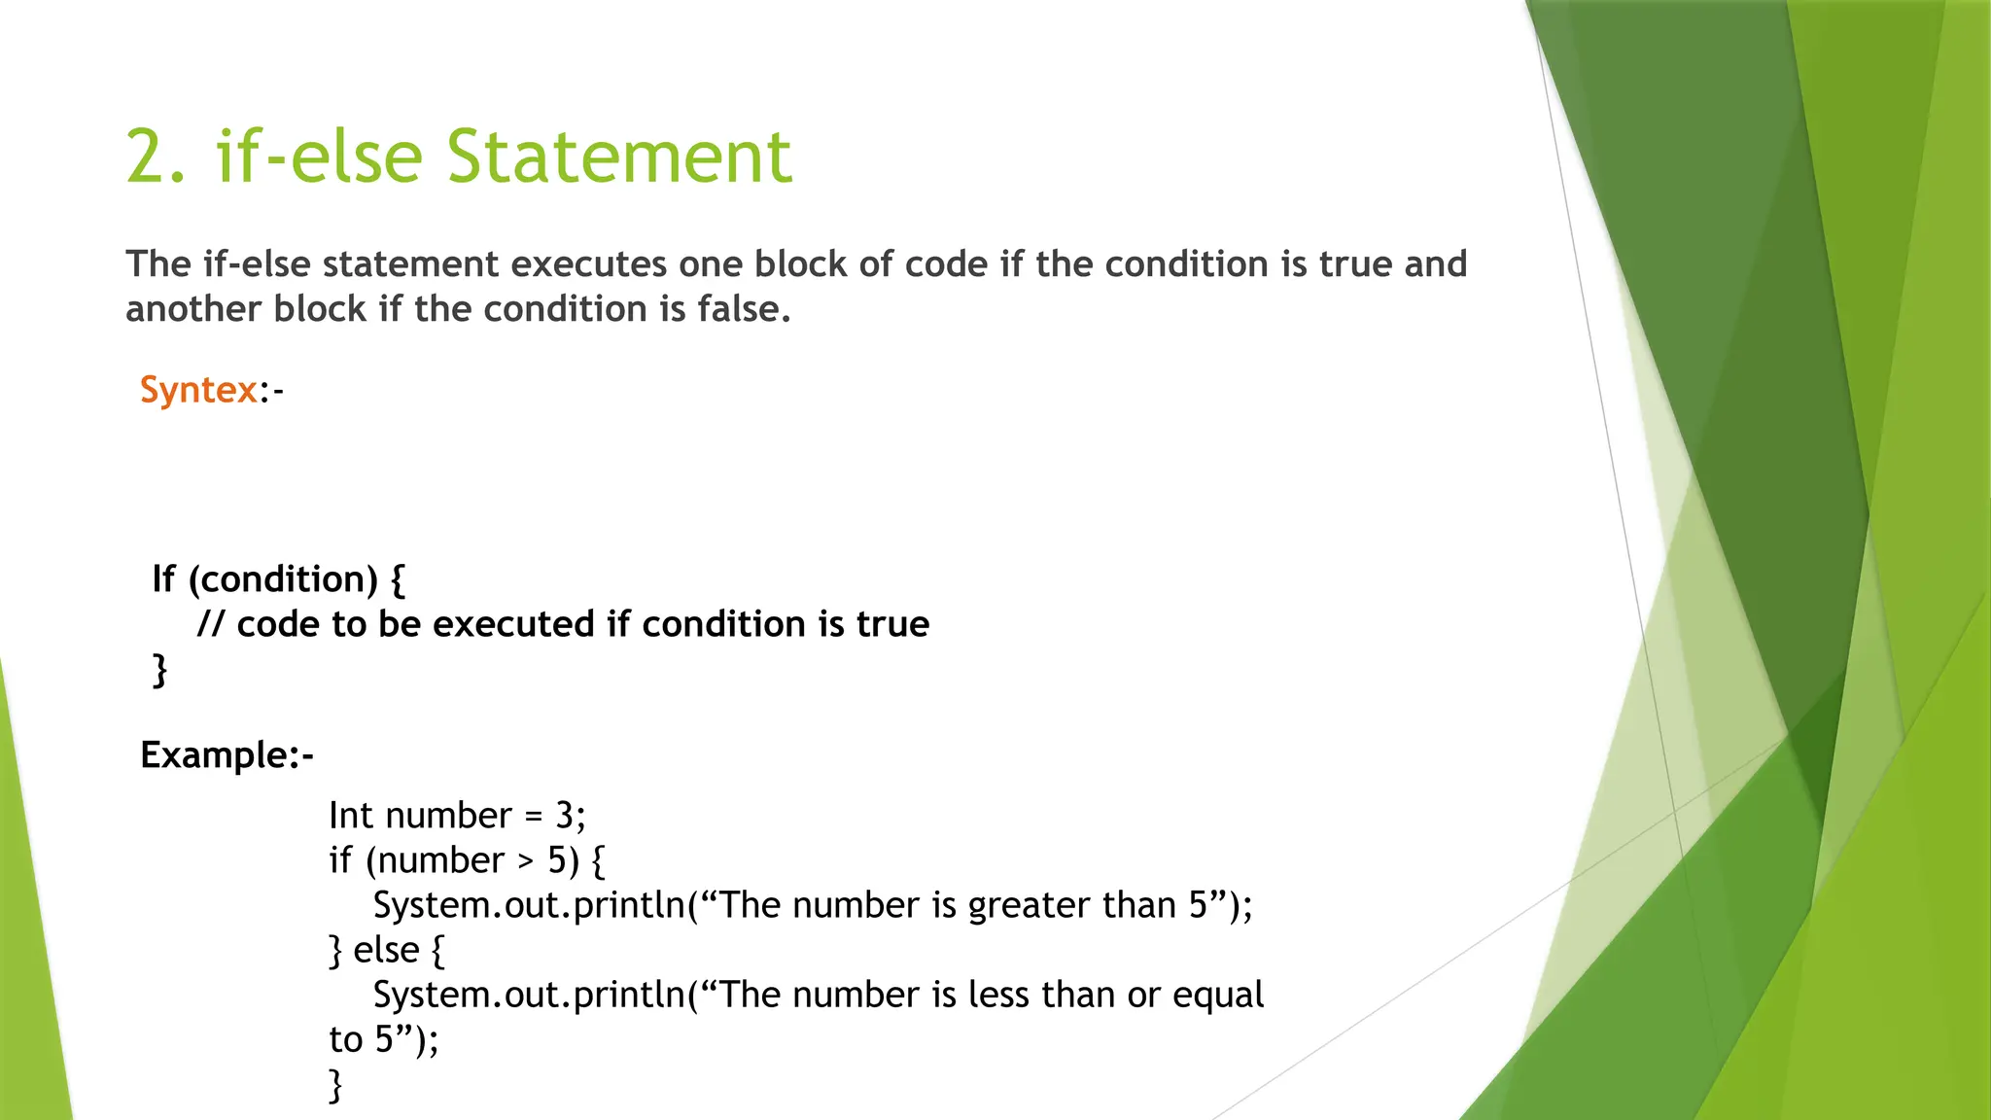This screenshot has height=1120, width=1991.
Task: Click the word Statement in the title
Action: pyautogui.click(x=619, y=157)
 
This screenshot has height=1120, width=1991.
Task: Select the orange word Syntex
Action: pyautogui.click(x=198, y=390)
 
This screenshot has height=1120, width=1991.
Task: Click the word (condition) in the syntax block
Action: pyautogui.click(x=283, y=579)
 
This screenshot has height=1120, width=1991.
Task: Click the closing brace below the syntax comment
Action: pyautogui.click(x=159, y=670)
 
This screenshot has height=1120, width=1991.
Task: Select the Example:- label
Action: pyautogui.click(x=227, y=755)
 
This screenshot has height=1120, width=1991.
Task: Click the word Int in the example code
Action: pyautogui.click(x=350, y=816)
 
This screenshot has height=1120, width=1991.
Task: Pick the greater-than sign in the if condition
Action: pyautogui.click(x=526, y=861)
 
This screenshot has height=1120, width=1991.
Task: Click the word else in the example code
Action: pyautogui.click(x=386, y=950)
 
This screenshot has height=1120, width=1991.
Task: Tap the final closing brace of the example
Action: pyautogui.click(x=336, y=1085)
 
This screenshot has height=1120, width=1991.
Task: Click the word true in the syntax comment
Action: pyautogui.click(x=892, y=624)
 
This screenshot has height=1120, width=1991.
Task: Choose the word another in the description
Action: pyautogui.click(x=193, y=309)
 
